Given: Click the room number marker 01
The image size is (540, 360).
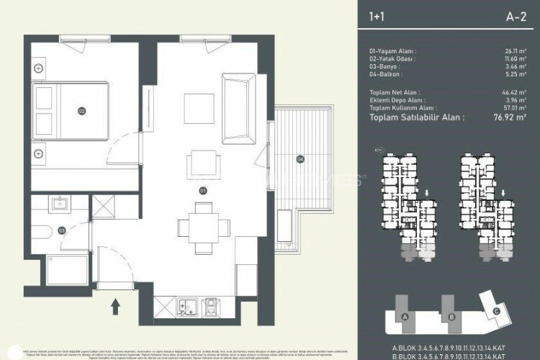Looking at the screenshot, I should [202, 191].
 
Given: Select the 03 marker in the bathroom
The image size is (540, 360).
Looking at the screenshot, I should [61, 230].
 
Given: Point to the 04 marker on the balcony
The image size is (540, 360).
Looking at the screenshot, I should [300, 158].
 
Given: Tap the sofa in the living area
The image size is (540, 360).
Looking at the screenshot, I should [238, 108].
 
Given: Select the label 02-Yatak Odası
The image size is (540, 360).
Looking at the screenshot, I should [393, 59].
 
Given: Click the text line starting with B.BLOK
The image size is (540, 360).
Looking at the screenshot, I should [450, 354].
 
